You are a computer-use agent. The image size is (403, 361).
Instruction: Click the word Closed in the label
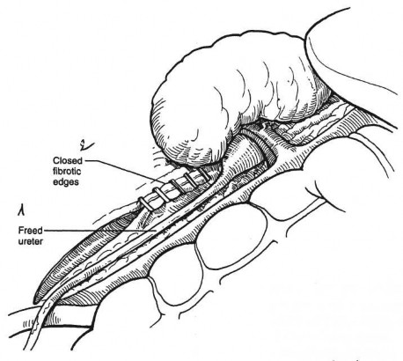68,161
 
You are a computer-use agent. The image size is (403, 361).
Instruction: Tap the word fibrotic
67,171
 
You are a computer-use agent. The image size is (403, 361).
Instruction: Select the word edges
66,182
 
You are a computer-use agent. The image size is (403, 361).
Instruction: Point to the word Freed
30,231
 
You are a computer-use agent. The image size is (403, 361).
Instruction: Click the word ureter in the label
30,241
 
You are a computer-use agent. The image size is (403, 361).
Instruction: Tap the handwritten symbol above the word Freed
21,210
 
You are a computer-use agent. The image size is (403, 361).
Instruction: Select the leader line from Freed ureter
99,231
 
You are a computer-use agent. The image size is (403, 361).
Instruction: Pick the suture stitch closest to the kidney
203,173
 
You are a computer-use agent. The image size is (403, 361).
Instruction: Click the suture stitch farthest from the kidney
146,204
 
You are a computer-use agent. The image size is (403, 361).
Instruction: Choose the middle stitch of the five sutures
177,188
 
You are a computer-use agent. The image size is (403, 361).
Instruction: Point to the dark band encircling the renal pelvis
266,147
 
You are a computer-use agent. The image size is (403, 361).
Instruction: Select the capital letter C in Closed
55,161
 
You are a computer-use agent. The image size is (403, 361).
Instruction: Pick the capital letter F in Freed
21,231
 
